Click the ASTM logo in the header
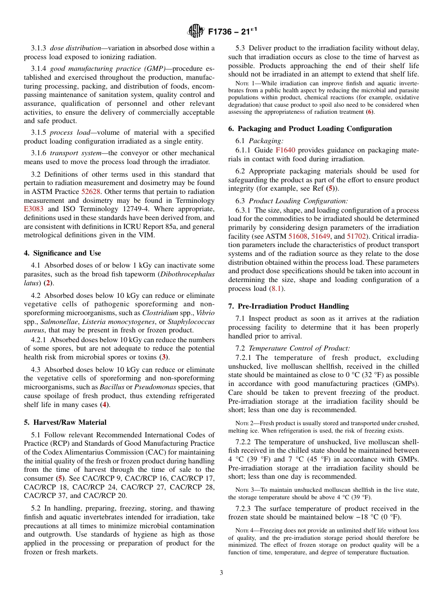click(195, 31)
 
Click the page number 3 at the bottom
click(221, 572)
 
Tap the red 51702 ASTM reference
click(357, 227)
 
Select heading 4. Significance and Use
click(62, 253)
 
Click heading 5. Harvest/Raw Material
click(65, 422)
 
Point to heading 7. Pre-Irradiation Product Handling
click(288, 306)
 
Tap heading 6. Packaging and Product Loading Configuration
click(310, 129)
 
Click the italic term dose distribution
click(76, 48)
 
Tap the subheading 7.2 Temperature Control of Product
click(298, 348)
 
